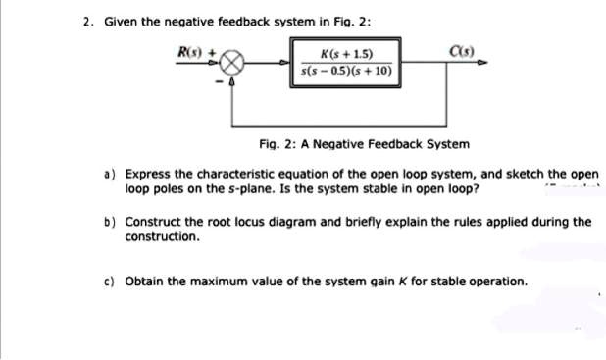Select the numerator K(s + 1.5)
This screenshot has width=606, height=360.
coord(346,54)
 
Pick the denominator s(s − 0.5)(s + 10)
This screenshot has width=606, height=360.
coord(346,72)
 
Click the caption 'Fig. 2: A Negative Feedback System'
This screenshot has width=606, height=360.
coord(364,144)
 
